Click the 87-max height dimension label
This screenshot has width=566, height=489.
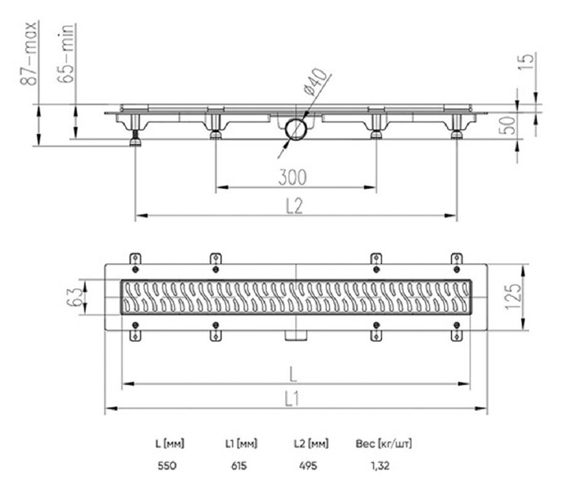(29, 53)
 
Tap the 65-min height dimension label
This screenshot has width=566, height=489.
(66, 53)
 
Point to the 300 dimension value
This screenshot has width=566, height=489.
(293, 177)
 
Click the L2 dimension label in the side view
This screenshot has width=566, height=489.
(294, 206)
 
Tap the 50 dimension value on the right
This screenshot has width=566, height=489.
(509, 125)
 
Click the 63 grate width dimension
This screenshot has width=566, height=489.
(75, 297)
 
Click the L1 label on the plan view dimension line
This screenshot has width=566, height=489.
(292, 399)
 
